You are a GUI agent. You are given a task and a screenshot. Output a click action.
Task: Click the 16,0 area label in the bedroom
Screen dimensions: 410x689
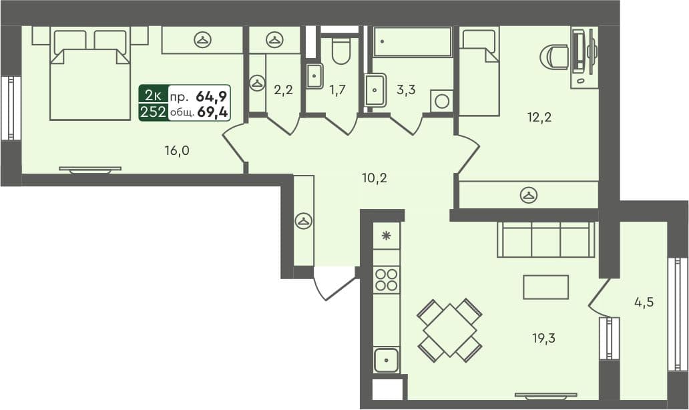177,150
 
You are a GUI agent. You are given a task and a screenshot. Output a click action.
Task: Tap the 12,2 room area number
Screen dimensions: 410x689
539,118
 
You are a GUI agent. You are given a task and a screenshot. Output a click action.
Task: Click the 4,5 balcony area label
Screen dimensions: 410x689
643,301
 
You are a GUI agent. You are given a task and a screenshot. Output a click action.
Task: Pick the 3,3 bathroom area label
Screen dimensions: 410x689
406,90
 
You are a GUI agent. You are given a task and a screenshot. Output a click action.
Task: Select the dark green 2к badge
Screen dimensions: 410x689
153,94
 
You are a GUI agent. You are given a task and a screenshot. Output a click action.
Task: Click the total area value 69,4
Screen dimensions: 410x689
213,112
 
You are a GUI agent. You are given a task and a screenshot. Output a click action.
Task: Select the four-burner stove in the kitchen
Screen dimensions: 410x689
387,279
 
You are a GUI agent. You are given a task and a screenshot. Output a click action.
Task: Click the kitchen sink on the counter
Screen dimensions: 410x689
387,360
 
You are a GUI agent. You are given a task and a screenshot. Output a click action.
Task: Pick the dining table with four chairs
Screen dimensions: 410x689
450,329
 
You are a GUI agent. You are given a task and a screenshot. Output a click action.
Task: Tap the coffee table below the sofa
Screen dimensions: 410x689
545,287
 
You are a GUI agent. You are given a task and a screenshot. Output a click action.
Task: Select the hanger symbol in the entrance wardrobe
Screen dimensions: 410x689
304,221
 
